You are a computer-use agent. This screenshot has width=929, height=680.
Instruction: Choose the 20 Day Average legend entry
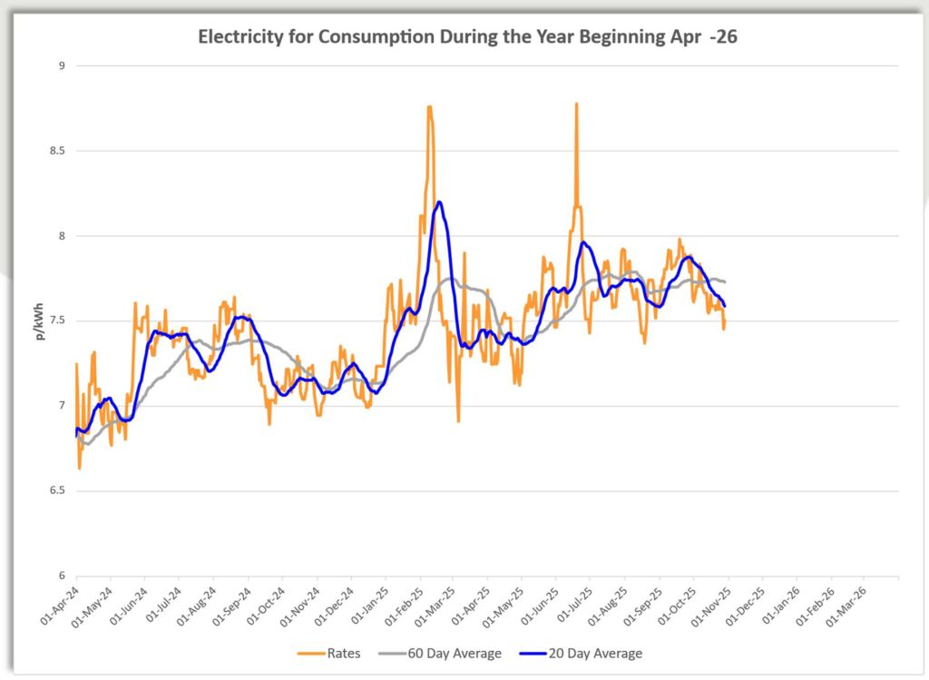pyautogui.click(x=593, y=653)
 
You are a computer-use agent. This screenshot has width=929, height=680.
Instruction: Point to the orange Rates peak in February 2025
pyautogui.click(x=429, y=106)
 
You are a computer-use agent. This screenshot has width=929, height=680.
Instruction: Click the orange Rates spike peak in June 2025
pyautogui.click(x=576, y=103)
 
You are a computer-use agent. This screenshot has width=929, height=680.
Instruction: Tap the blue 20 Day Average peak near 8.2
pyautogui.click(x=439, y=202)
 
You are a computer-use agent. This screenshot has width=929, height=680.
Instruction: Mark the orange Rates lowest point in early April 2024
pyautogui.click(x=80, y=468)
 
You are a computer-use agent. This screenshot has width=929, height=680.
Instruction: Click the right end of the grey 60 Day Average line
pyautogui.click(x=725, y=281)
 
